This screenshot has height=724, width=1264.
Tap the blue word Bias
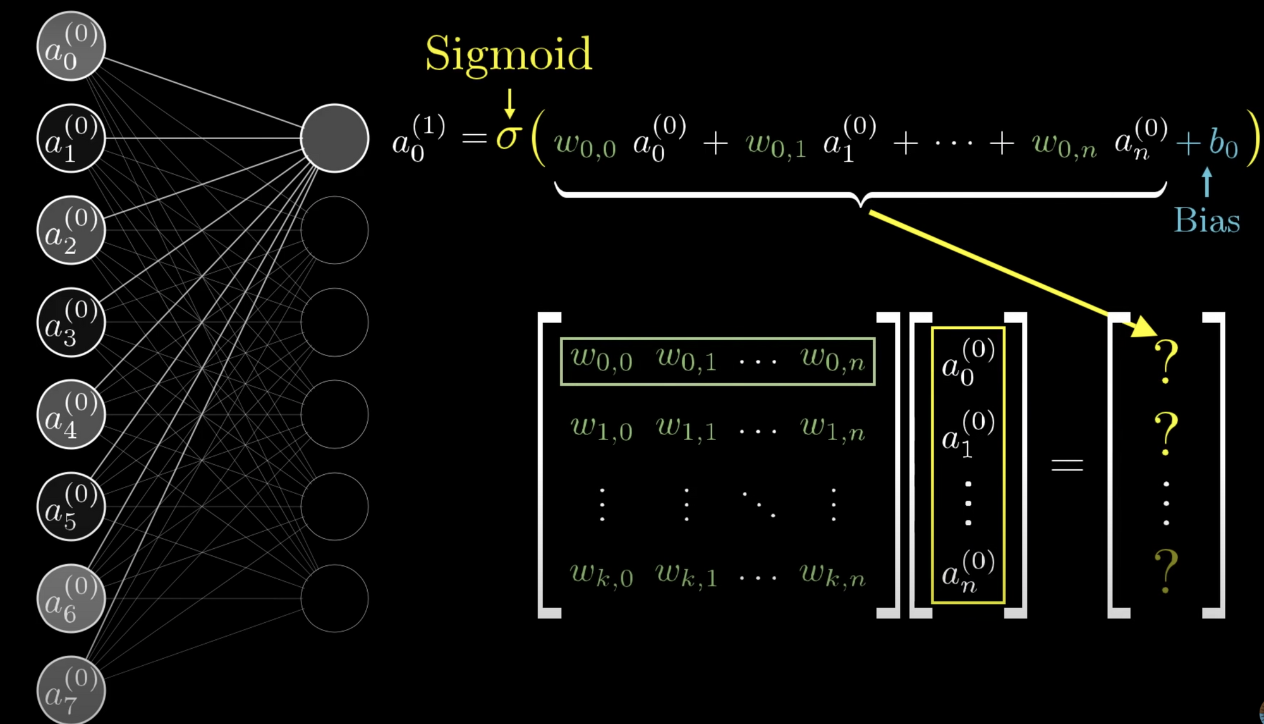point(1206,221)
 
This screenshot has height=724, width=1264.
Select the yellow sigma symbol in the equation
point(508,137)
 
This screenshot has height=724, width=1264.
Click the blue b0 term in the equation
point(1223,143)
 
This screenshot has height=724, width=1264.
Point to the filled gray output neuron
point(334,138)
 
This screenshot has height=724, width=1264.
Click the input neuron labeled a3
point(71,322)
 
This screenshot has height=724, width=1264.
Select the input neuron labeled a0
point(71,46)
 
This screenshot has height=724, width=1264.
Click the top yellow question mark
point(1166,362)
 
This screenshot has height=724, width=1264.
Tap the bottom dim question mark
point(1166,570)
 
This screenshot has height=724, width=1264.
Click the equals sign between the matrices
point(1067,465)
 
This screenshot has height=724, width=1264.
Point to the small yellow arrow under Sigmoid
point(509,104)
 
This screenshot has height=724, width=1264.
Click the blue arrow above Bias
point(1206,182)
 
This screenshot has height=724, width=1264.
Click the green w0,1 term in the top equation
point(776,144)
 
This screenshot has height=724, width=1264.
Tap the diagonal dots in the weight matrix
point(758,505)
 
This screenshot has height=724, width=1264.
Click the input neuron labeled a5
point(71,506)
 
